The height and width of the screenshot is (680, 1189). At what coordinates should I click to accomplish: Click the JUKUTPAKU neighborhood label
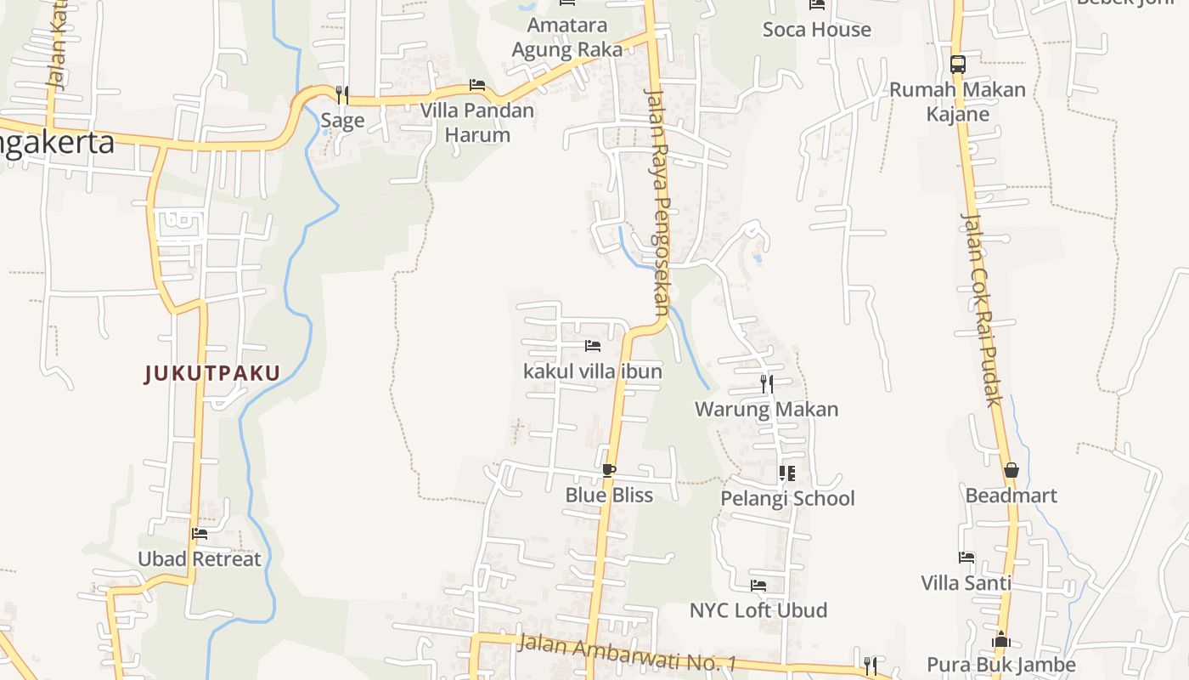(212, 373)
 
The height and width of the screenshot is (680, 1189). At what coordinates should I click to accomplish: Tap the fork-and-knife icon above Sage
(342, 93)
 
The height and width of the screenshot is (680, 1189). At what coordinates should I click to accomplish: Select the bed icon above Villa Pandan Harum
(477, 85)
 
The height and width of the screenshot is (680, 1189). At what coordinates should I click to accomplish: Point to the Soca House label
(816, 30)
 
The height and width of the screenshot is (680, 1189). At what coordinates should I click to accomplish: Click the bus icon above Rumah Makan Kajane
(957, 64)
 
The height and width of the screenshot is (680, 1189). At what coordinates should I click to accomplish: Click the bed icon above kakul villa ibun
(593, 346)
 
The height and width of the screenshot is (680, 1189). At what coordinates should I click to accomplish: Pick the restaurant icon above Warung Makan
(766, 383)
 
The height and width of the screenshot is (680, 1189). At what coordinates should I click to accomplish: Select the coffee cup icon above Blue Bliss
(608, 470)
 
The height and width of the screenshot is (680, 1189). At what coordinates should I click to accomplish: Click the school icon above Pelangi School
(786, 473)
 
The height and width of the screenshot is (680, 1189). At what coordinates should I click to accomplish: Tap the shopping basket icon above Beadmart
(1011, 470)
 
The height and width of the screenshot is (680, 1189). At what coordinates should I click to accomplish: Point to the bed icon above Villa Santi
(966, 558)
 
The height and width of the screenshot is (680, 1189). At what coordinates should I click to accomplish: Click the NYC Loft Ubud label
(758, 610)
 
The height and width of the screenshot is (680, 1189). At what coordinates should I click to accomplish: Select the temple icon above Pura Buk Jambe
(1001, 638)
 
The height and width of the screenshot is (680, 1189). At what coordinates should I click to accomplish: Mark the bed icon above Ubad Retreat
(200, 534)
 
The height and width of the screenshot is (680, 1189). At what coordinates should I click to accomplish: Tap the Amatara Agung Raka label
(566, 37)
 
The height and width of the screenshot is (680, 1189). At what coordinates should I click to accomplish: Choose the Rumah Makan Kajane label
(957, 101)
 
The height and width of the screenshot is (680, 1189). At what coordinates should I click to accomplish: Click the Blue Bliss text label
(609, 496)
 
